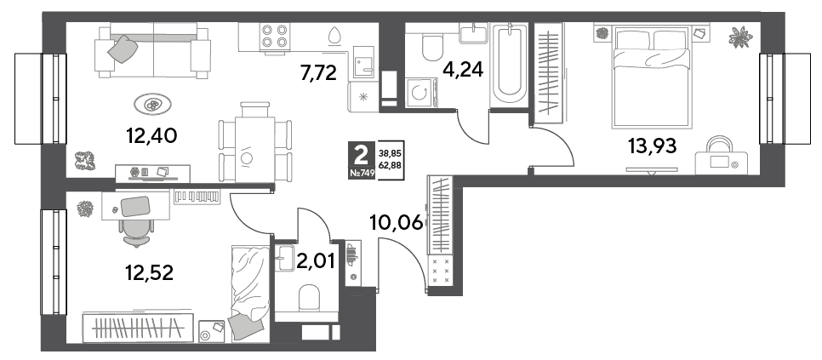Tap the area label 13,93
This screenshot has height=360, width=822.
[652, 146]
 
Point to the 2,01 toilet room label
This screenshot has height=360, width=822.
[315, 260]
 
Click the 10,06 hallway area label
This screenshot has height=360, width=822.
[397, 223]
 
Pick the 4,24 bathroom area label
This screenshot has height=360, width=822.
[462, 68]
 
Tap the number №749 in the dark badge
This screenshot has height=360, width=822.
[362, 174]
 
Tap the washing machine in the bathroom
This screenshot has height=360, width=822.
[421, 93]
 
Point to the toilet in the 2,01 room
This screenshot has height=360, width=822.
[309, 300]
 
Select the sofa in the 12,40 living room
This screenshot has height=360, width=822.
[152, 51]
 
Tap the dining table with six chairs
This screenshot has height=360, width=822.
[255, 142]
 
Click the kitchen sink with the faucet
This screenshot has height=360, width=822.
[363, 62]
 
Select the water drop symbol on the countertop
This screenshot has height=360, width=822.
[334, 36]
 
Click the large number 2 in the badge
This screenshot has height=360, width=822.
[361, 155]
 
